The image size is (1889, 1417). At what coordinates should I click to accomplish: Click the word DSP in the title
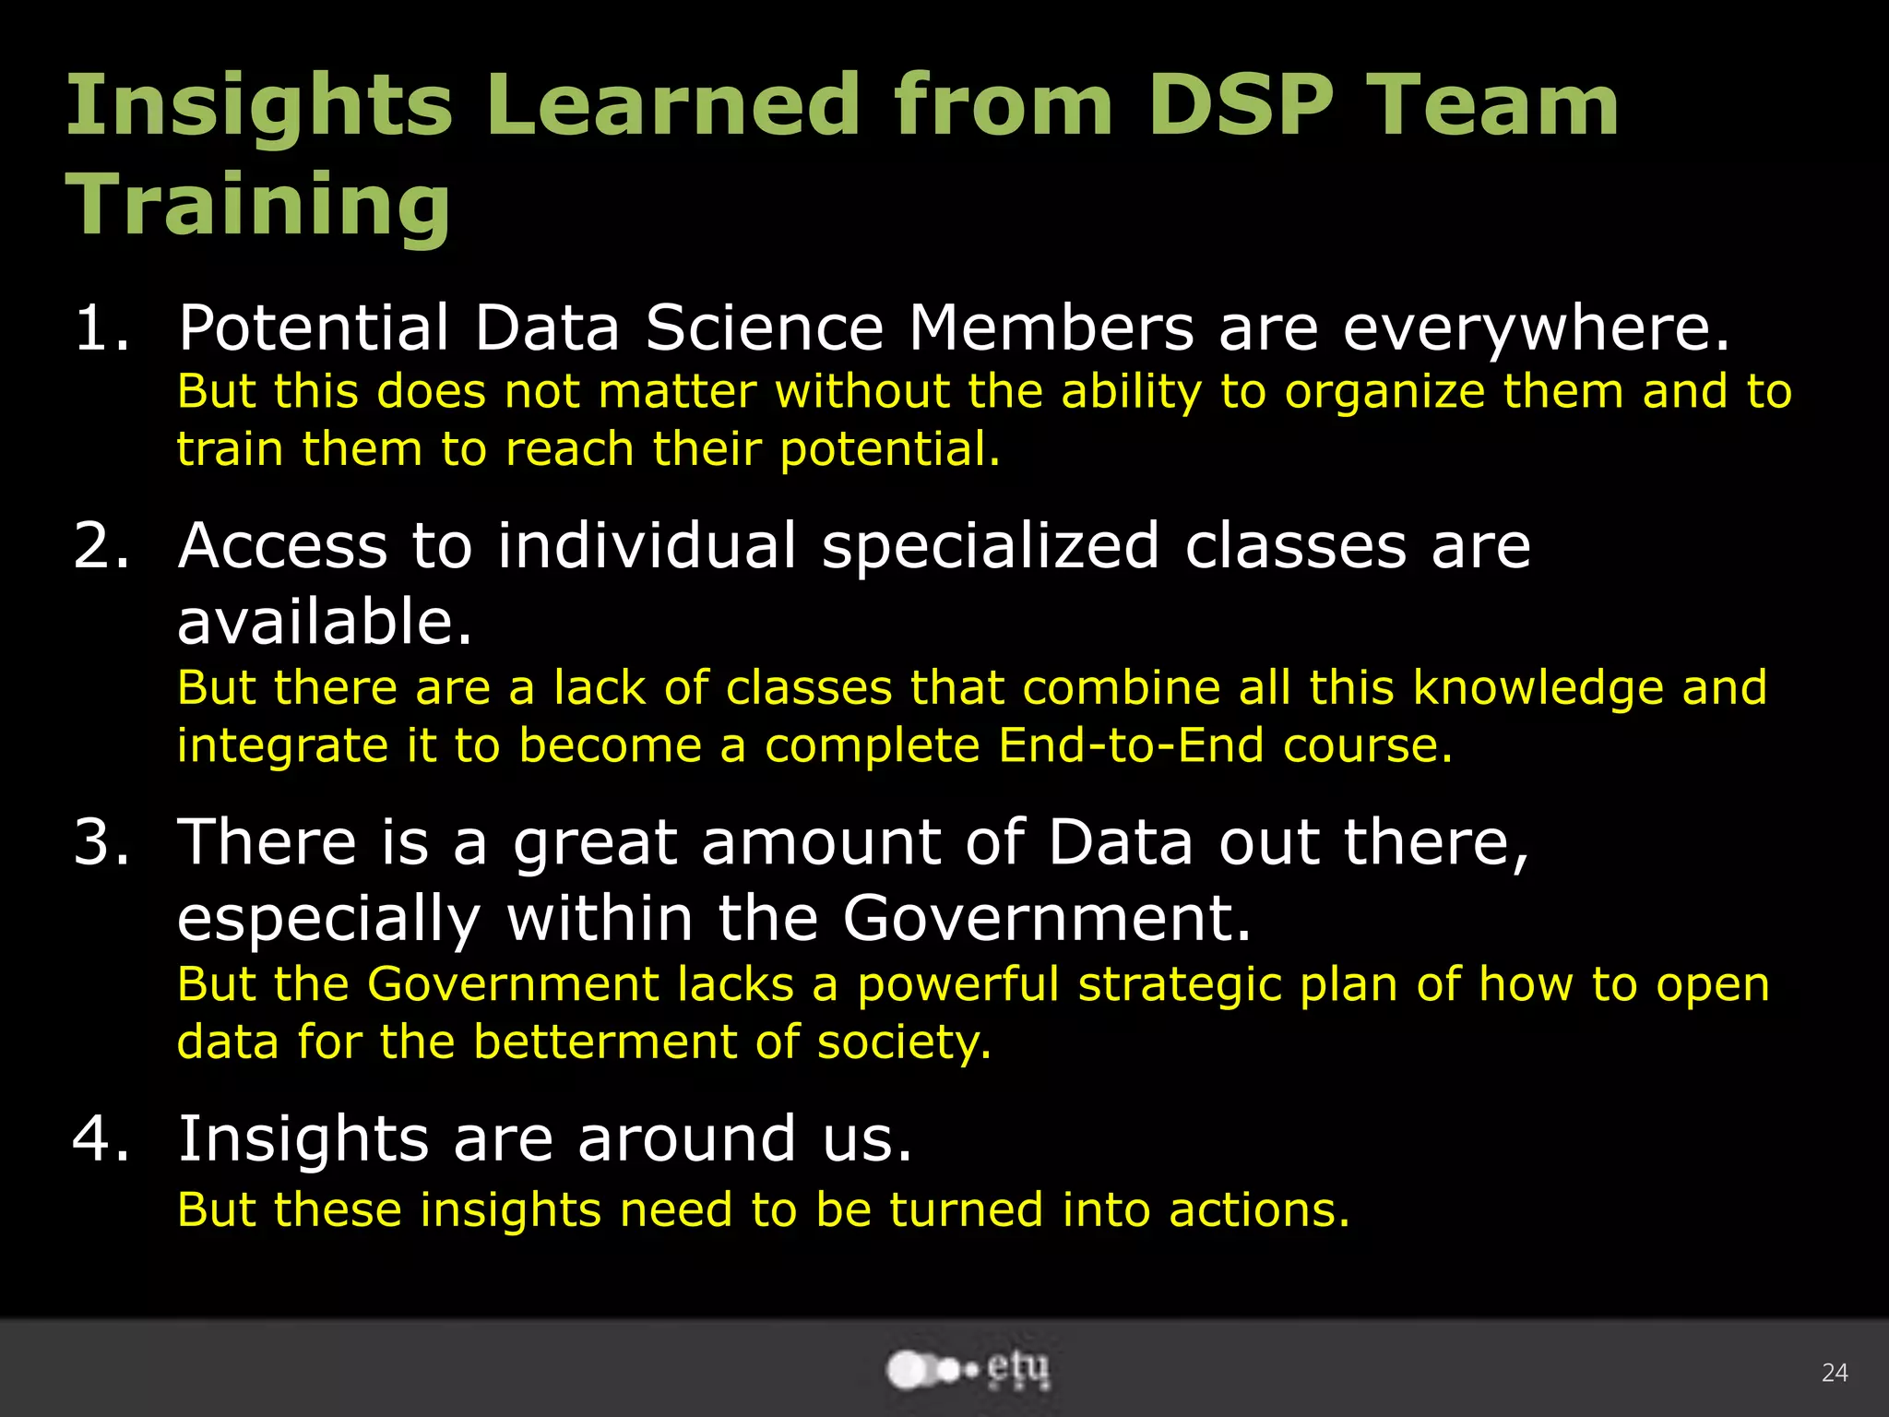(1240, 106)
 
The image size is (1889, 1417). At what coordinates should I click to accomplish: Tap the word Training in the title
(258, 205)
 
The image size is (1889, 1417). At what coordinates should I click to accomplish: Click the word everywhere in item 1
(1537, 328)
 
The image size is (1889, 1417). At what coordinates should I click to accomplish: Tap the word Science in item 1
(764, 328)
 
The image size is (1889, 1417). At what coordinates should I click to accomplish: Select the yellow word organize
(1384, 392)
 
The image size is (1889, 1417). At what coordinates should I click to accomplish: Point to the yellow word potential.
(890, 450)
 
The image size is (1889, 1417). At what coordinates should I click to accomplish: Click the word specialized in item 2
(990, 546)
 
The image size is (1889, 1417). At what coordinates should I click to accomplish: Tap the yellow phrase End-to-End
(1131, 745)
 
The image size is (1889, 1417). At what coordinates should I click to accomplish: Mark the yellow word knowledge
(1539, 688)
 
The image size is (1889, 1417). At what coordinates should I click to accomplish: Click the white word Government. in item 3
(1047, 919)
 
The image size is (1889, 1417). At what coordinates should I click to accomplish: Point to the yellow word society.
(904, 1042)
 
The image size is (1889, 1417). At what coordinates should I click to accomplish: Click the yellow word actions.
(1259, 1210)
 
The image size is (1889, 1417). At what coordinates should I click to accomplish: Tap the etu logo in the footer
(968, 1370)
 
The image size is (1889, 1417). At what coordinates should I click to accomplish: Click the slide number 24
(1835, 1373)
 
